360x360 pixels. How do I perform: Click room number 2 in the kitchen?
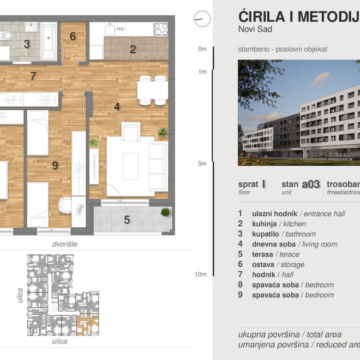tap(133, 49)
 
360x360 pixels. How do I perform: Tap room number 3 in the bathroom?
tap(27, 44)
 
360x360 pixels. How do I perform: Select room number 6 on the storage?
tap(73, 36)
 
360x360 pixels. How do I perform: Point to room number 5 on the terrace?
tap(127, 220)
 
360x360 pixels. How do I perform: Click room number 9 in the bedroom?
tap(55, 165)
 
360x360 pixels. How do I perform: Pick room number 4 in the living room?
tap(117, 107)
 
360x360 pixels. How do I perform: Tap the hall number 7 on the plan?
tap(33, 76)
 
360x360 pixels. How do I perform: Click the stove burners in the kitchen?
tap(161, 29)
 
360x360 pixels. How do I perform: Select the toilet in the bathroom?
tap(6, 36)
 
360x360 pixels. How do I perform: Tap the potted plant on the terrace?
tap(165, 212)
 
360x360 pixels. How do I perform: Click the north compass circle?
tap(202, 19)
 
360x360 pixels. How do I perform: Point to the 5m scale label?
tap(202, 163)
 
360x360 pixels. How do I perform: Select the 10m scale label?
tap(200, 274)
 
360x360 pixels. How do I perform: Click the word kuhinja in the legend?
tap(265, 224)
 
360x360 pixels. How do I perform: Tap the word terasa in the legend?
tap(262, 254)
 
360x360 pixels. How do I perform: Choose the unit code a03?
tap(311, 184)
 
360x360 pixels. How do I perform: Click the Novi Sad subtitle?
tap(255, 30)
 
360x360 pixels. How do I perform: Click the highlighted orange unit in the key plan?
tap(84, 325)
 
